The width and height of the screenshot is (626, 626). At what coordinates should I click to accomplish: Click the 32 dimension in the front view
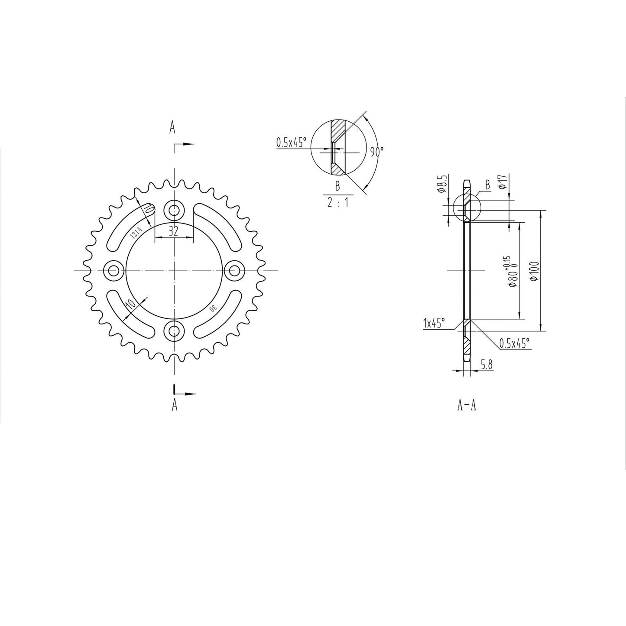(x=174, y=231)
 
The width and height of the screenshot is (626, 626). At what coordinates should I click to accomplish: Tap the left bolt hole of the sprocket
(x=114, y=271)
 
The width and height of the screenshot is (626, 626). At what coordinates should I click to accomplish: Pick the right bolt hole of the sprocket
(x=234, y=271)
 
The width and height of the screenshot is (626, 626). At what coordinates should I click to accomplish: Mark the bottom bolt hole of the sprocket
(x=174, y=331)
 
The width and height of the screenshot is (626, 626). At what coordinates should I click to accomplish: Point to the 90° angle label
(x=376, y=152)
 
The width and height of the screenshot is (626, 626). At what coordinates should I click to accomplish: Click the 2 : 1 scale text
(x=337, y=202)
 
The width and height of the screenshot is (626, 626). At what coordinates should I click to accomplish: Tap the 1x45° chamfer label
(x=435, y=323)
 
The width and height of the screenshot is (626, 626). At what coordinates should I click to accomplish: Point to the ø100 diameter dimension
(x=534, y=271)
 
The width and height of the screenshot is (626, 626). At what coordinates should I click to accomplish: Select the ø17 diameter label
(x=503, y=181)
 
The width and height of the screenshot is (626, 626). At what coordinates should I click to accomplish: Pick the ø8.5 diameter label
(x=441, y=184)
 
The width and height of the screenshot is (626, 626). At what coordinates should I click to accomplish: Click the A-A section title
(x=467, y=405)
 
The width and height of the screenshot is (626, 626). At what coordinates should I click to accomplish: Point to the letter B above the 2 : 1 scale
(x=337, y=187)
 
